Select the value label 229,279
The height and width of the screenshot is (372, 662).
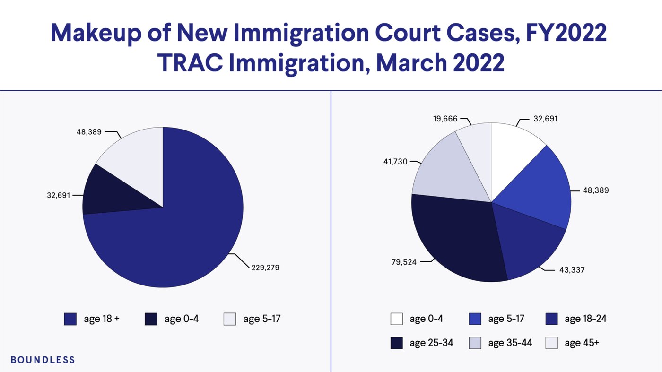265,268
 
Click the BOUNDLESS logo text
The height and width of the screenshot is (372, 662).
43,360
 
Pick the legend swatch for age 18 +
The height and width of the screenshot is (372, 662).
70,319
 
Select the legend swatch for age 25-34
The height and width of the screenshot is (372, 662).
397,343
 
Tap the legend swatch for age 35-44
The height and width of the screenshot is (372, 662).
474,343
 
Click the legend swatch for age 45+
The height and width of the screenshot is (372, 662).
551,343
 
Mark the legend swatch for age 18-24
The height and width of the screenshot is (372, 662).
551,319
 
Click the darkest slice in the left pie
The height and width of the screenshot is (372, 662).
113,191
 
